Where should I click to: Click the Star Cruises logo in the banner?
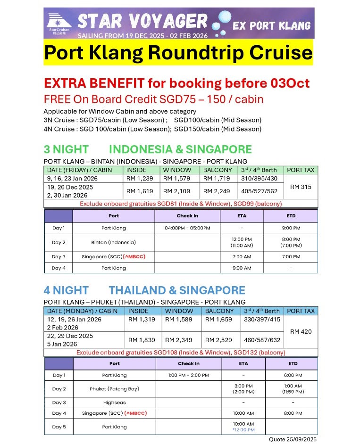point(59,23)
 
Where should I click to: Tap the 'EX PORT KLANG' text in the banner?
point(271,26)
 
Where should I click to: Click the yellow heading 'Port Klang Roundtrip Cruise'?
point(178,52)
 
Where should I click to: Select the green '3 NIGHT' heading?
point(66,149)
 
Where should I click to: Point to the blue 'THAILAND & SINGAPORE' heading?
point(177,290)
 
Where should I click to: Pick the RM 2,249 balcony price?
point(217,191)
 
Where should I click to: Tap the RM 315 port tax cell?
point(301,187)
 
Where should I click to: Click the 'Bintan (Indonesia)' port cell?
point(113,242)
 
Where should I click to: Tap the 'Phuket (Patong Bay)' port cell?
point(114,389)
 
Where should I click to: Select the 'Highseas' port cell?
point(114,403)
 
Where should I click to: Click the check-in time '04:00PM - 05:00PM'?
point(187,228)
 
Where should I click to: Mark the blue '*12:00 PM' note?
point(243,430)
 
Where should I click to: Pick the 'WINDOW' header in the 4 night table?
point(179,311)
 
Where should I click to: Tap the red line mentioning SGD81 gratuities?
point(180,204)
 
